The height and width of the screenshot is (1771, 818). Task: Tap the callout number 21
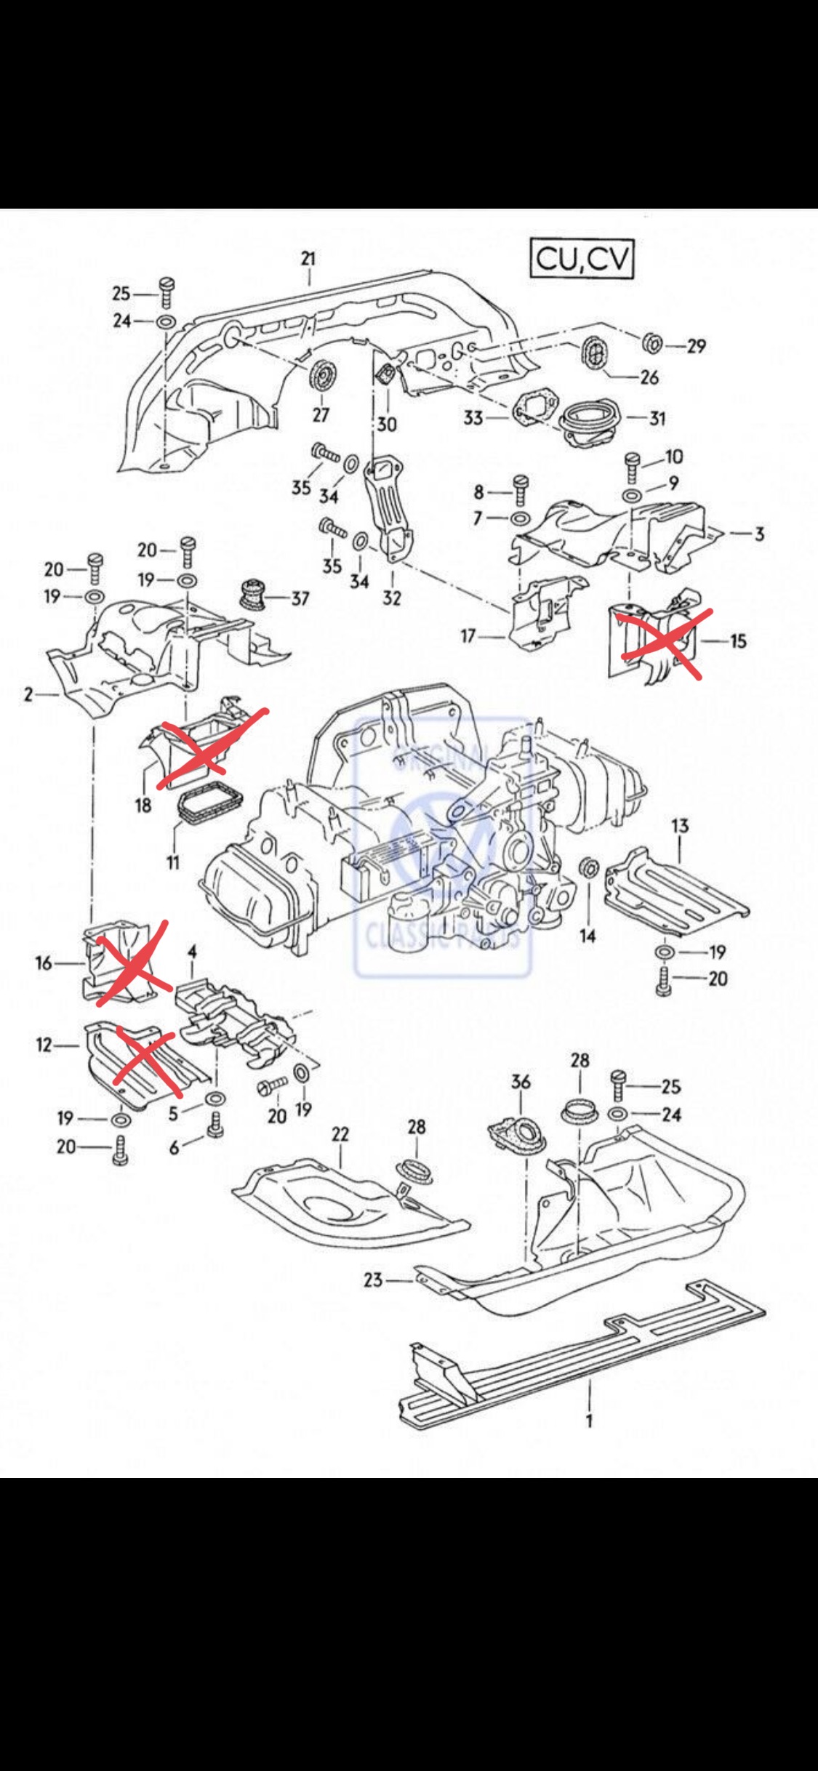coord(309,258)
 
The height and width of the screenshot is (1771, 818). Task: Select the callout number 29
coord(696,346)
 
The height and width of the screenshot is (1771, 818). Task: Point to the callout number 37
coord(300,598)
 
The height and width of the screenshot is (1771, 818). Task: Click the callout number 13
coord(680,826)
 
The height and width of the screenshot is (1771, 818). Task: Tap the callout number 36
coord(521,1082)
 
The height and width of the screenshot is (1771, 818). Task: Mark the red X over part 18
coord(211,747)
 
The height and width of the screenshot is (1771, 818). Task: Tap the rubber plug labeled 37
coord(251,593)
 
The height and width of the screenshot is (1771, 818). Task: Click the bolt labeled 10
coord(631,462)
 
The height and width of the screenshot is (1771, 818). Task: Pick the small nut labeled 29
coord(652,342)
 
